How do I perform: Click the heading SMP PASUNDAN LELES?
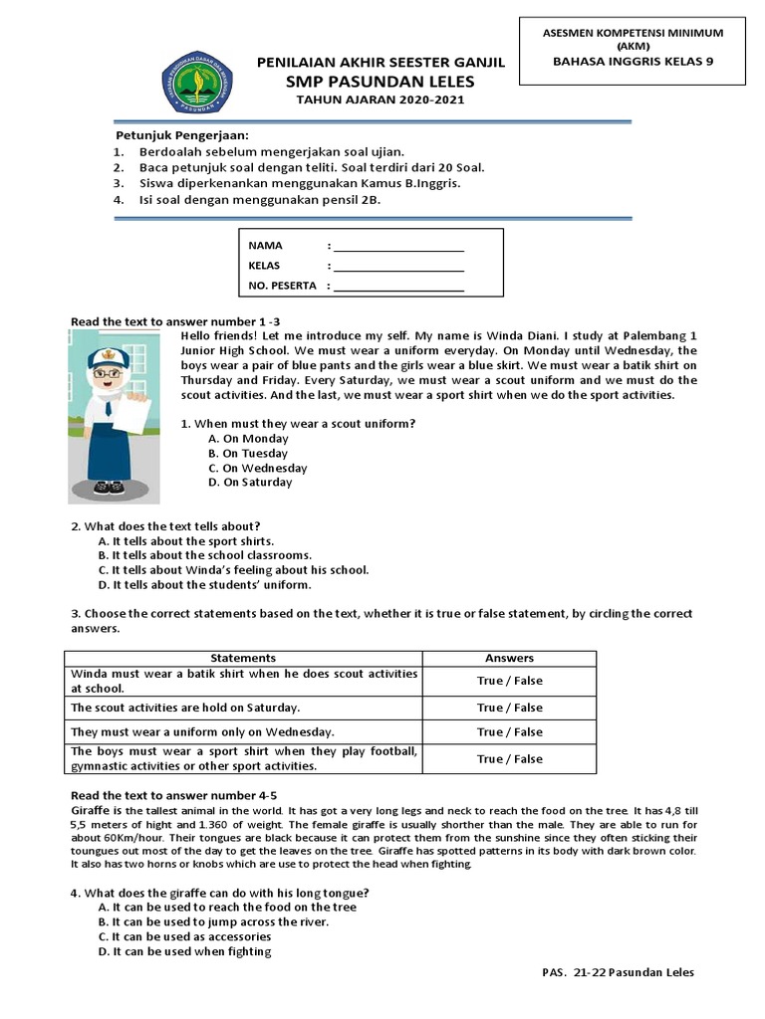(381, 81)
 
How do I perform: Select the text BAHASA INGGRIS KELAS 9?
(633, 61)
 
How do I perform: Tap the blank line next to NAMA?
(398, 246)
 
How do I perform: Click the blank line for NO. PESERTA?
(398, 287)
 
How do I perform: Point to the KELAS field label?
(264, 266)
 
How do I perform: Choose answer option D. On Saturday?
(250, 483)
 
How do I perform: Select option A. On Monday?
(248, 439)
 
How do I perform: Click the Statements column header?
(243, 658)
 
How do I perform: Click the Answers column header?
(509, 658)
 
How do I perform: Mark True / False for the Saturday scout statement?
(509, 708)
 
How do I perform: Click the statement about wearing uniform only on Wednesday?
(201, 731)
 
